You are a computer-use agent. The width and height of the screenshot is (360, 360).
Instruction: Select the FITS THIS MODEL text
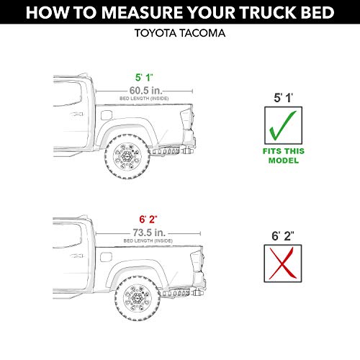click(281, 156)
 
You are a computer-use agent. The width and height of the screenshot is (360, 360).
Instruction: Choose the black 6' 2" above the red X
click(281, 234)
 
